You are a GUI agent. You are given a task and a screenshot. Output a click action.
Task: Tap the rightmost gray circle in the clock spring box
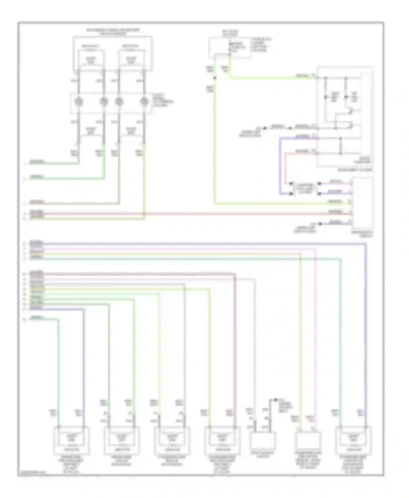click(144, 102)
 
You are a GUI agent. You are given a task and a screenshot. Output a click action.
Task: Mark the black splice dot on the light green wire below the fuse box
click(215, 78)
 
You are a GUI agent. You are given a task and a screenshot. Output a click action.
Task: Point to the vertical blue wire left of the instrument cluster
click(280, 166)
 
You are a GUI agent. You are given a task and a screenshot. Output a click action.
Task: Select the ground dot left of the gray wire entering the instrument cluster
click(264, 128)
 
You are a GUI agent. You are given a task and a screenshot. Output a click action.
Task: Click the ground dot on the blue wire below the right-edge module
click(320, 224)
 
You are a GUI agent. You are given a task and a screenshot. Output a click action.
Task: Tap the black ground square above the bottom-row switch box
click(275, 400)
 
